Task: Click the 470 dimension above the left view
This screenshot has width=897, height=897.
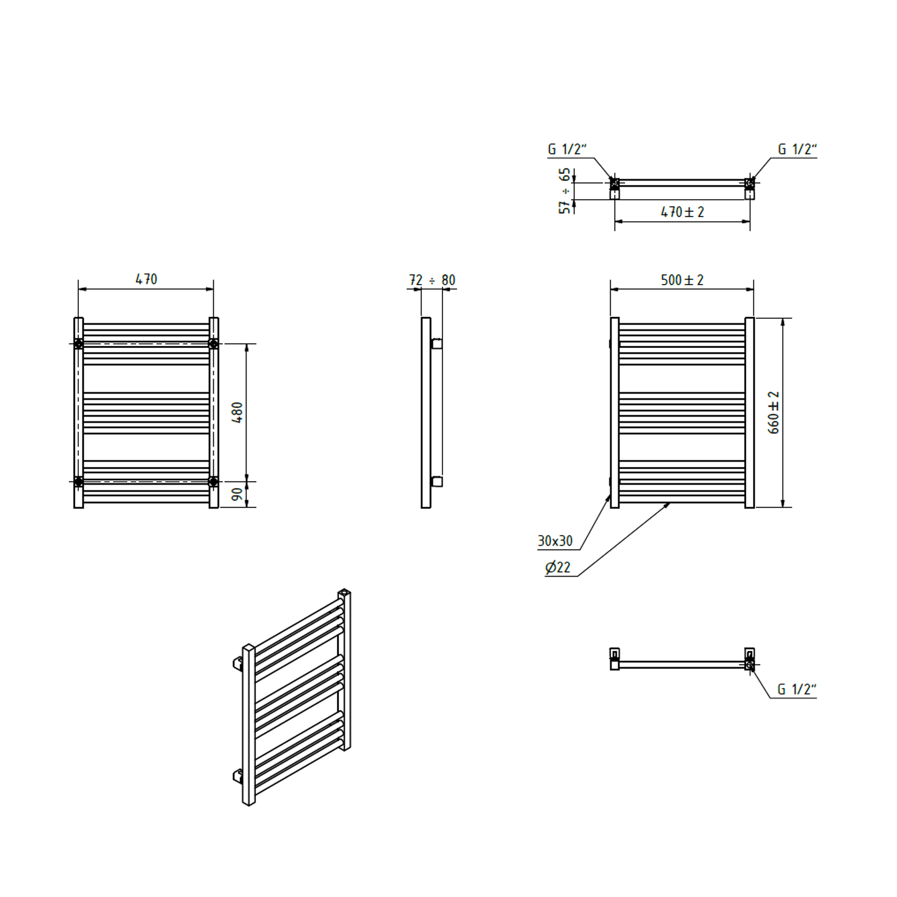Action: pyautogui.click(x=146, y=279)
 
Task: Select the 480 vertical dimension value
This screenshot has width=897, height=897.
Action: pyautogui.click(x=237, y=412)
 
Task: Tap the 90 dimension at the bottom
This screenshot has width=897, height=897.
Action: pyautogui.click(x=237, y=494)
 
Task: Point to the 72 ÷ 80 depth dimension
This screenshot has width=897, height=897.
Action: pyautogui.click(x=432, y=280)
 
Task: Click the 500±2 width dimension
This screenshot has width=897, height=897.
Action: pyautogui.click(x=682, y=280)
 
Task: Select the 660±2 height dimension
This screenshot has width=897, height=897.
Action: pyautogui.click(x=774, y=412)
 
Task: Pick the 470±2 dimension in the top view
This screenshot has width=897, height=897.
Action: pyautogui.click(x=682, y=212)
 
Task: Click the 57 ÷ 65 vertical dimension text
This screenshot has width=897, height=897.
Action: pyautogui.click(x=565, y=191)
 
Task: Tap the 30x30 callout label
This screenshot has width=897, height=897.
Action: pyautogui.click(x=555, y=541)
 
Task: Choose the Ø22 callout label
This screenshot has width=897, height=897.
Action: pyautogui.click(x=557, y=567)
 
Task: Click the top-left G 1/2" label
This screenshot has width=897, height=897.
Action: pyautogui.click(x=567, y=149)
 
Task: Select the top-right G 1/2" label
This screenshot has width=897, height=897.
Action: pyautogui.click(x=797, y=149)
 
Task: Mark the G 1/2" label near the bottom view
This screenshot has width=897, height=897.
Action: pyautogui.click(x=797, y=689)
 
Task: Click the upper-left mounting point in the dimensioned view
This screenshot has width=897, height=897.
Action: pyautogui.click(x=78, y=344)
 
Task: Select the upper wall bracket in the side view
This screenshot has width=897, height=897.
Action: pyautogui.click(x=436, y=344)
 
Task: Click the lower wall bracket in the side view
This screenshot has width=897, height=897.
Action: pyautogui.click(x=436, y=481)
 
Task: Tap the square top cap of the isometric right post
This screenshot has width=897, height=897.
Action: pyautogui.click(x=344, y=592)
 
